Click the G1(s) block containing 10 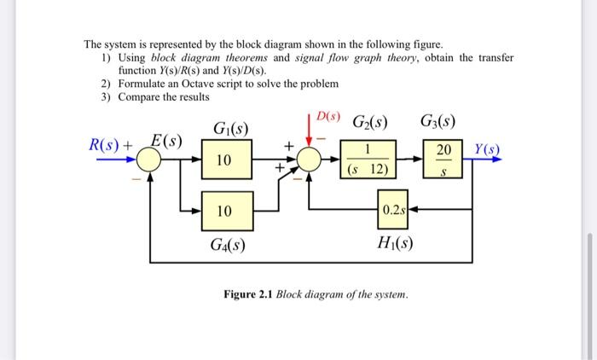pyautogui.click(x=223, y=160)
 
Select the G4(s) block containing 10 pyautogui.click(x=223, y=210)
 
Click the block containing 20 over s pyautogui.click(x=443, y=160)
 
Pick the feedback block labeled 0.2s pyautogui.click(x=393, y=210)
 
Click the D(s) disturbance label pyautogui.click(x=328, y=115)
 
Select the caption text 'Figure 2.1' pyautogui.click(x=249, y=294)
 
